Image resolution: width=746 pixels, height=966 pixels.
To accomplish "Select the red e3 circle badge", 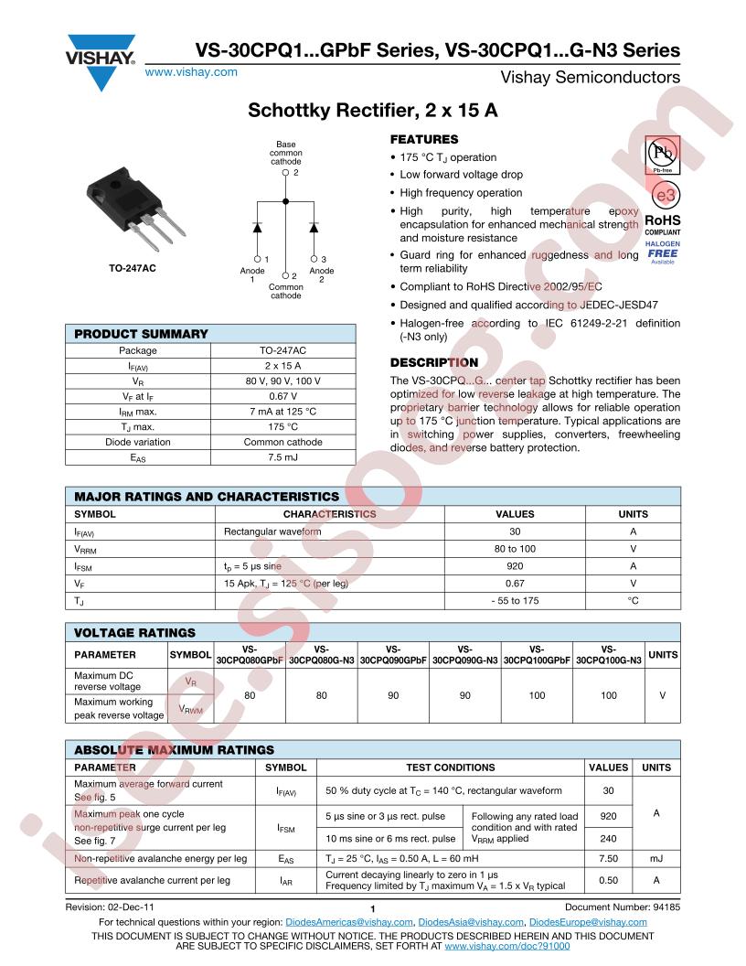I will point(664,197).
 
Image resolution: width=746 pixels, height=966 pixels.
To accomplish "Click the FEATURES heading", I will point(424,139).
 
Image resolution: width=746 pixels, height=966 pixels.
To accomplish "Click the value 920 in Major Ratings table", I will point(515,566).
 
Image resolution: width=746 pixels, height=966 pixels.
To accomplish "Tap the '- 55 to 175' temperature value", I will point(515,600).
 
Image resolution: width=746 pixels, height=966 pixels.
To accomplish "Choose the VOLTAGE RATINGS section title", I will point(134,632).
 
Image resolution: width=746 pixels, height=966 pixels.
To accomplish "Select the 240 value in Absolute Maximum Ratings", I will point(608,838).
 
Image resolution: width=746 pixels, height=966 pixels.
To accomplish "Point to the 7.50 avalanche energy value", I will point(608,860).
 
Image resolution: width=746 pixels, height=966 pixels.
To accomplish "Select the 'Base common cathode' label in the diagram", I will point(285,153).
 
